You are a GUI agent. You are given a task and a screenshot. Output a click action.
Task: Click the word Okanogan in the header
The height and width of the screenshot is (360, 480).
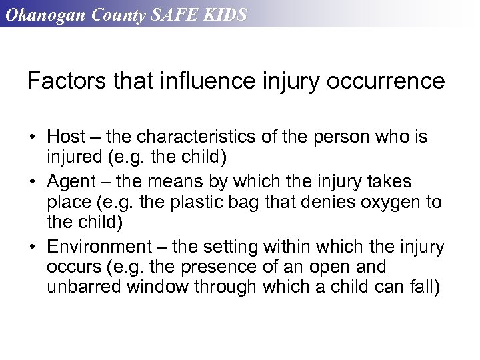40,15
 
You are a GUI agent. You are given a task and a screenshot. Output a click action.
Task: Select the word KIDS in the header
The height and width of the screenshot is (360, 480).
225,15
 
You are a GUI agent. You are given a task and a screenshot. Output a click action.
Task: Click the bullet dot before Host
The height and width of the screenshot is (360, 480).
32,138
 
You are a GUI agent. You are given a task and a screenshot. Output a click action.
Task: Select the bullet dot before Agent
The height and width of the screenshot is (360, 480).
32,182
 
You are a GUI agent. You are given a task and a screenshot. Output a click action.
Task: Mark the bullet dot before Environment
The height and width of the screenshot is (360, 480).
32,247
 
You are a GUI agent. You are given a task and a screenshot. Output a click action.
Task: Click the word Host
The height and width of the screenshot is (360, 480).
66,137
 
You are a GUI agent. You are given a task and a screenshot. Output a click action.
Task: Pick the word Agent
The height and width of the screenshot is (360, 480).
71,181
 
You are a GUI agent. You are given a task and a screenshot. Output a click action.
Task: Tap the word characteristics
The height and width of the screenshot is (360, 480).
205,137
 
